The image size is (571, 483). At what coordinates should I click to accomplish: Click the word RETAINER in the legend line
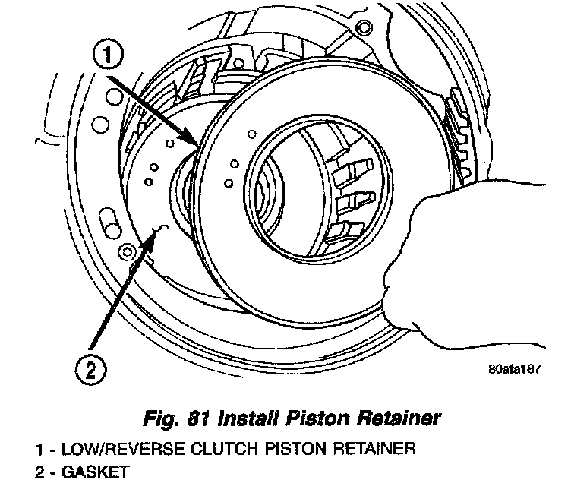pos(371,449)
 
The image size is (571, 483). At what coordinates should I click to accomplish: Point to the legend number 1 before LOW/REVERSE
pos(39,449)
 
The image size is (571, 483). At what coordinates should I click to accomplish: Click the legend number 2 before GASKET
pos(39,472)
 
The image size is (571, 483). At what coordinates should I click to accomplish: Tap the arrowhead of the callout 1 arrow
pos(199,144)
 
